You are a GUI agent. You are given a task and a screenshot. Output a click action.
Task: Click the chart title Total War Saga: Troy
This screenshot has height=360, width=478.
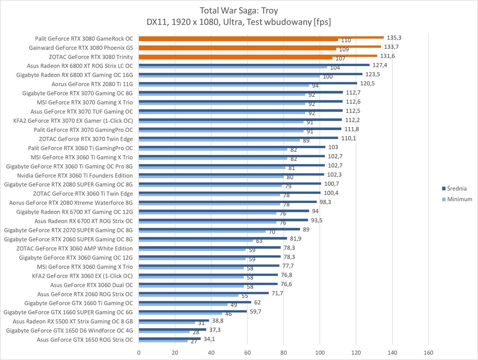239,10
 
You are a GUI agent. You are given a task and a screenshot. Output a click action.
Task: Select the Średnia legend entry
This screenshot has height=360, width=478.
456,188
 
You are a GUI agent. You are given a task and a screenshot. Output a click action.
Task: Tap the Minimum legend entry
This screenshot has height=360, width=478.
459,199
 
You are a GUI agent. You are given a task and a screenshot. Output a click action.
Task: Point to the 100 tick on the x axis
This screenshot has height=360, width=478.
320,352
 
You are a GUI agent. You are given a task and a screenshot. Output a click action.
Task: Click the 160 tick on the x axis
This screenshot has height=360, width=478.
428,352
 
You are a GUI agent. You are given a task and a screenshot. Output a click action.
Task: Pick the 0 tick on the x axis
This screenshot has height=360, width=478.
139,352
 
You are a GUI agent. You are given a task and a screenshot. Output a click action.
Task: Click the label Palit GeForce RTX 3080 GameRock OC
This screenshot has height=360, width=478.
84,39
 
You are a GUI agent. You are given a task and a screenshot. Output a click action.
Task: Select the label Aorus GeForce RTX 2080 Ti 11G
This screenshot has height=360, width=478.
92,84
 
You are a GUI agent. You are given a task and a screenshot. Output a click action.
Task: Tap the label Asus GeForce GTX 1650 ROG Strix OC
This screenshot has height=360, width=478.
85,339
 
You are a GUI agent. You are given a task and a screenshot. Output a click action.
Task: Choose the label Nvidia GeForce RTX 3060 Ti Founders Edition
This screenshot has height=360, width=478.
75,175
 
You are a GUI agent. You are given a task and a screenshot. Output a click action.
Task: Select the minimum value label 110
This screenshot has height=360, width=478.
346,41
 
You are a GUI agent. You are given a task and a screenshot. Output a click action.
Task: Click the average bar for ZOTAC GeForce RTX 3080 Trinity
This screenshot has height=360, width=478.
258,55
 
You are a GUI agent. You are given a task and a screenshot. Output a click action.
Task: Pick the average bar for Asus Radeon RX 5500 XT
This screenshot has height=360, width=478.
174,320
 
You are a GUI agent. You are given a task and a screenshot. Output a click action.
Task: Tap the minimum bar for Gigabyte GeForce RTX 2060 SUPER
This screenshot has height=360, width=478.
196,240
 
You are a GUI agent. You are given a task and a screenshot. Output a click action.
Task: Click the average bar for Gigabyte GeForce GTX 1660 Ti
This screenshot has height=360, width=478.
195,302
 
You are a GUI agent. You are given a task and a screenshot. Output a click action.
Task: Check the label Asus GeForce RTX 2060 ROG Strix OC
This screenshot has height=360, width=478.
85,294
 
